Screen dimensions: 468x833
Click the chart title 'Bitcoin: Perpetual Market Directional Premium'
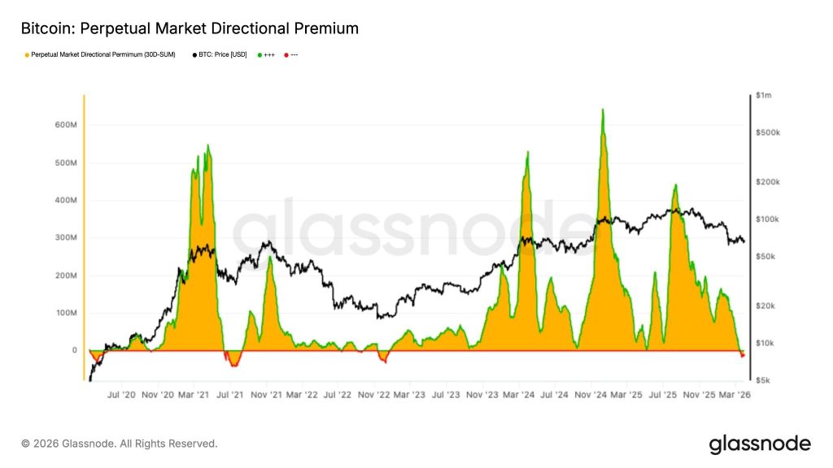click(x=189, y=28)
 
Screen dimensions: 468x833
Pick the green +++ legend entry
click(x=266, y=54)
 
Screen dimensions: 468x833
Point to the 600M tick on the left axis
click(x=65, y=125)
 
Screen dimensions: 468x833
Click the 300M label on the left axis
click(x=65, y=238)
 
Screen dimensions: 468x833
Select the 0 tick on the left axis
click(x=74, y=351)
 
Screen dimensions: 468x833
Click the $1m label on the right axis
click(x=764, y=96)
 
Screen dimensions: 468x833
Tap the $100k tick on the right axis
click(x=767, y=219)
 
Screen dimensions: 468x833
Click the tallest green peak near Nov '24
click(x=602, y=110)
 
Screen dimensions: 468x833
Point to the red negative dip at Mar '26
click(x=742, y=355)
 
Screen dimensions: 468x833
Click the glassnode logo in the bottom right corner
click(x=760, y=444)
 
